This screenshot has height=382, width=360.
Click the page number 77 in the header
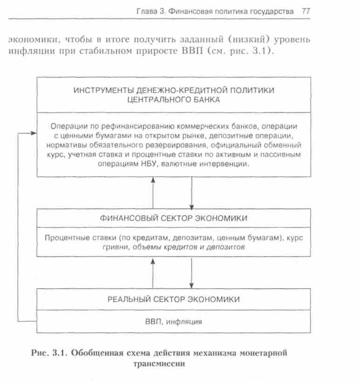click(306, 12)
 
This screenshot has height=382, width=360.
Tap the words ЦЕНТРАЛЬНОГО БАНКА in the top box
click(173, 99)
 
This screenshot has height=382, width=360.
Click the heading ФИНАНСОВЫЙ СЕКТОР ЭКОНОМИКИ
click(173, 218)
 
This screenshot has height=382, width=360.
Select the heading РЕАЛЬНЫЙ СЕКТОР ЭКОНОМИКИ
click(173, 299)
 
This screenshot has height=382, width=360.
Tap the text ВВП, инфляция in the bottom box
click(173, 321)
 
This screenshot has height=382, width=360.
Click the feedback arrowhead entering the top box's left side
click(34, 133)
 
